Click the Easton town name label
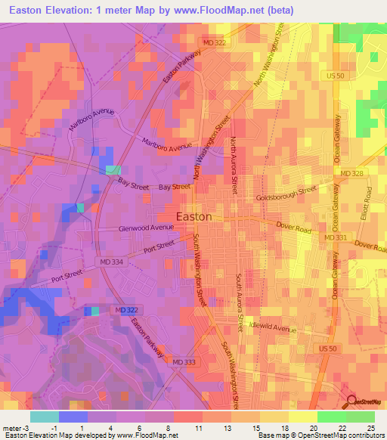(x=193, y=216)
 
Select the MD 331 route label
(x=335, y=238)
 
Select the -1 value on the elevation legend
(x=45, y=427)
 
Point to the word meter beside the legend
(x=13, y=427)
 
